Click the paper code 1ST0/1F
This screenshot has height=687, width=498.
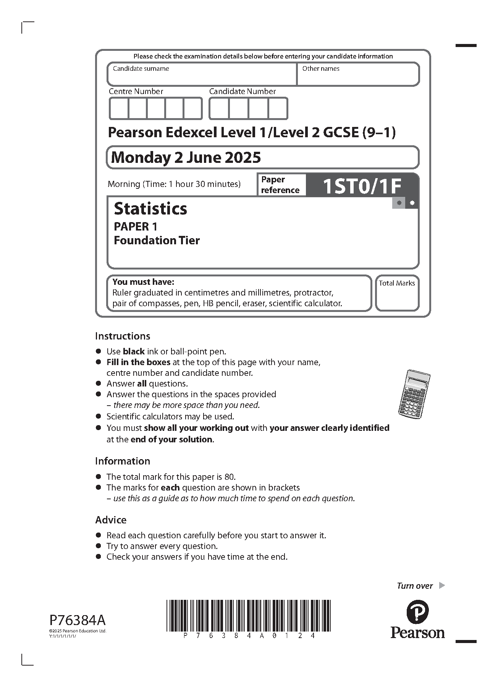362,187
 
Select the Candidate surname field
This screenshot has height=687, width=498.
202,75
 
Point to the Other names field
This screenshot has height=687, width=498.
358,75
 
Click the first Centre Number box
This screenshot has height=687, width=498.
119,109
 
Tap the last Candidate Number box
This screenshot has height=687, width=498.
278,109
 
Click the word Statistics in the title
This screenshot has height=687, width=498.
150,209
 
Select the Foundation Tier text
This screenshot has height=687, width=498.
157,240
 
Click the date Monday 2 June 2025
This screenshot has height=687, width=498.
186,158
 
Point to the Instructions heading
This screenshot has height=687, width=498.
123,336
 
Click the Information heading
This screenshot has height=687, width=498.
123,461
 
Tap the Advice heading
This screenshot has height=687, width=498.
111,520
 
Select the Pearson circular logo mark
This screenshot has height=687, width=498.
417,611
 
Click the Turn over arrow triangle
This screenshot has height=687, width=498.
442,585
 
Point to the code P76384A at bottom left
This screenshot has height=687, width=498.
78,619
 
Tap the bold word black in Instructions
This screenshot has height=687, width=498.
134,351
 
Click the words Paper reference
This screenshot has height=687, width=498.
280,185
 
